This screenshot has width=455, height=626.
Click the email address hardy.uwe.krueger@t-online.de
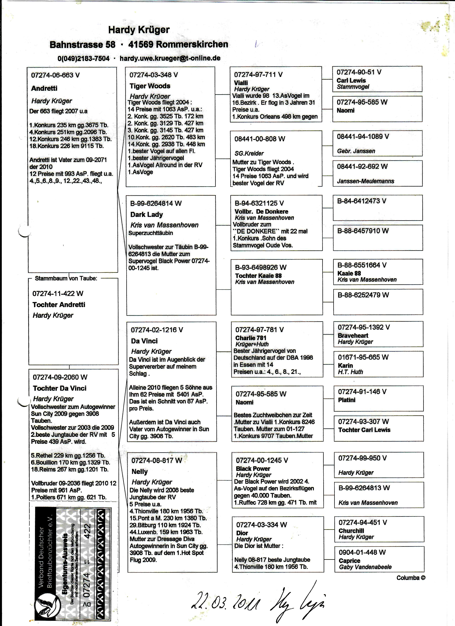(170, 58)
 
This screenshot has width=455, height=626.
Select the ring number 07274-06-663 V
(55, 75)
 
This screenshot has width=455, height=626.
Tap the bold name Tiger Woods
(150, 86)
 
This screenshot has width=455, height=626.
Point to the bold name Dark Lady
(146, 214)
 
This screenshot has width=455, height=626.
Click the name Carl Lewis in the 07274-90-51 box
(351, 81)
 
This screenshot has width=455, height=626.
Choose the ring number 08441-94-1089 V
(363, 136)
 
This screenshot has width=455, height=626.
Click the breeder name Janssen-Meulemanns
(365, 181)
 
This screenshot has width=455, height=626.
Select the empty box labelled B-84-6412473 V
(377, 208)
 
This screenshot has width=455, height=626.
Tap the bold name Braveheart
(353, 336)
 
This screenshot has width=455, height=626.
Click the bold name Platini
(347, 400)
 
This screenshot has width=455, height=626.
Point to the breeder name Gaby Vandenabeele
(365, 567)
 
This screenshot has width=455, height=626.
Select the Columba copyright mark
(411, 578)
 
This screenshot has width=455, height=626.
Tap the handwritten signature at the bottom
(297, 599)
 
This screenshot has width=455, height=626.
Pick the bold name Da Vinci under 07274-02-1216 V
(144, 341)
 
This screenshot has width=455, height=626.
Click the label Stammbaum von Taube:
(66, 278)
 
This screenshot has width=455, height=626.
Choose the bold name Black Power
(253, 469)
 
